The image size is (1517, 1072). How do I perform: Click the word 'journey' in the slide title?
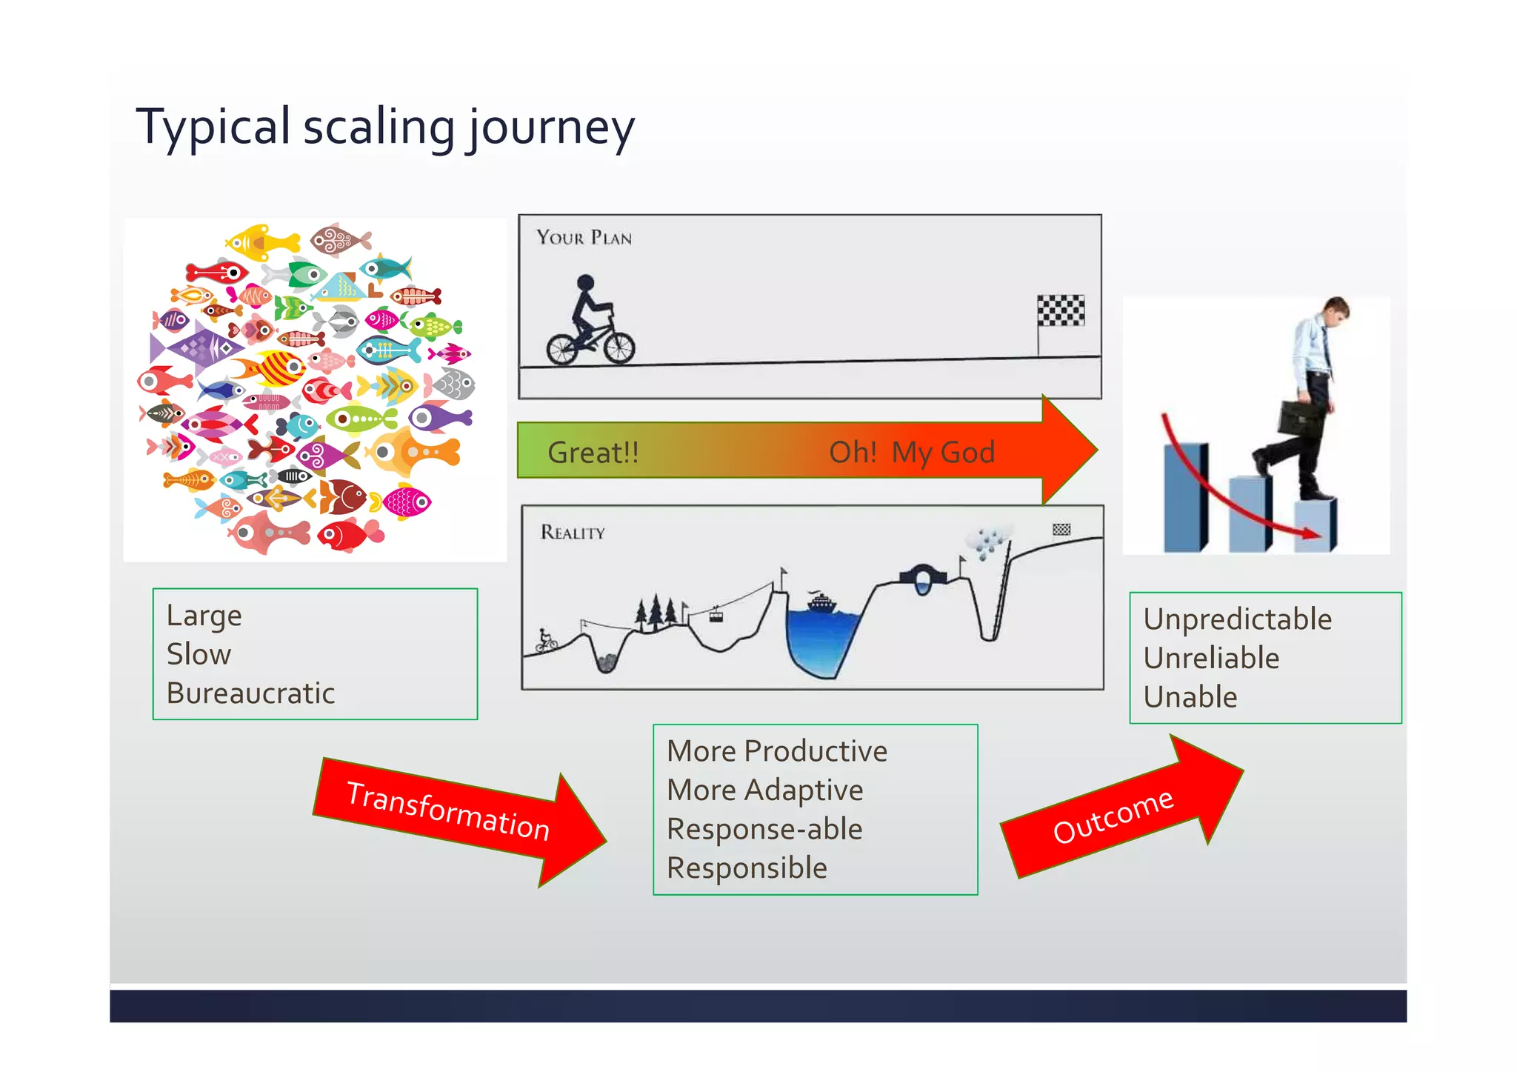(x=550, y=127)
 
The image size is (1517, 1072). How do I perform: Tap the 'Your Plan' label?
(x=584, y=238)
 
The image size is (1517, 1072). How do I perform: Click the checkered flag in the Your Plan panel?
(x=1060, y=310)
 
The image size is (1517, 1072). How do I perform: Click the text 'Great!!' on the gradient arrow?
(x=593, y=452)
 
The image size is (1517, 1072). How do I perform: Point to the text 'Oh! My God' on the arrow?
(x=911, y=452)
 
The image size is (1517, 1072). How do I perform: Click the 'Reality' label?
(x=573, y=532)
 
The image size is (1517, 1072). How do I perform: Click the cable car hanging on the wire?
(x=716, y=614)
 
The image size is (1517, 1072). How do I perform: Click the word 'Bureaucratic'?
(x=250, y=693)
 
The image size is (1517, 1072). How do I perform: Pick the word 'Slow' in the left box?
(x=199, y=654)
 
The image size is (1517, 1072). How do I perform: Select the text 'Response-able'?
(x=764, y=829)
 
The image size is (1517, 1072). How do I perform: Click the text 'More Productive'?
(x=776, y=751)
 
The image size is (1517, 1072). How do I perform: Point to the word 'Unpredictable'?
(x=1237, y=619)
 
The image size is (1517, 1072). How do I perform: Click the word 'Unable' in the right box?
(x=1190, y=697)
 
